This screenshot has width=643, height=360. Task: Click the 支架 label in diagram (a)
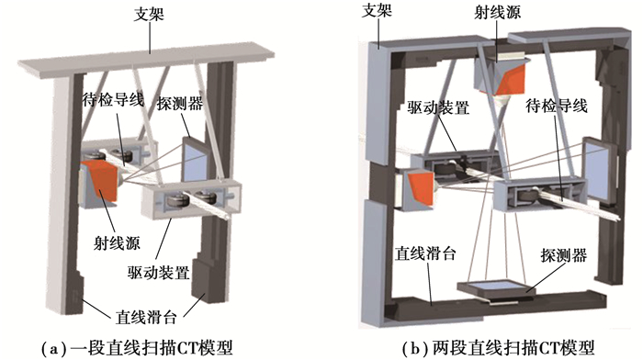[149, 15]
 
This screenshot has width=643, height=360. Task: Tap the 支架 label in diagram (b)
[377, 10]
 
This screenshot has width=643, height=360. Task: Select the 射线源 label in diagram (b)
[497, 12]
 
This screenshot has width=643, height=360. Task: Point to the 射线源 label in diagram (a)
[117, 243]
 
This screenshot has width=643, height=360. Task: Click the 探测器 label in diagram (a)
[180, 104]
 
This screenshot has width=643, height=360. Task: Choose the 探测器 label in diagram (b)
[564, 255]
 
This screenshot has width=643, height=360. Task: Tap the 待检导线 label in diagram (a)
[113, 99]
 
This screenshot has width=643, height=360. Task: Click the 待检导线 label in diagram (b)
[557, 106]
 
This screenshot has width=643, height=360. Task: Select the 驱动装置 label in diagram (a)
[158, 272]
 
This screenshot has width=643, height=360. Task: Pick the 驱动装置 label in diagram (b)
[438, 107]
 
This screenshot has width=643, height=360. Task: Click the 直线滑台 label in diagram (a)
[146, 317]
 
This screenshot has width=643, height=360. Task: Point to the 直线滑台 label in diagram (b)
[425, 253]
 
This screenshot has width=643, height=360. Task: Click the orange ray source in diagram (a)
[99, 180]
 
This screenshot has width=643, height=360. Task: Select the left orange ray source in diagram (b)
[419, 187]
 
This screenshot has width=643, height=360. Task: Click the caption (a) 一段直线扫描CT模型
[137, 348]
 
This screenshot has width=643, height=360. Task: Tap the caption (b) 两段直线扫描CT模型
[498, 348]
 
